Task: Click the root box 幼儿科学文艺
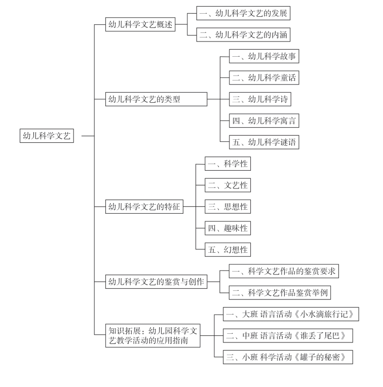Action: point(47,136)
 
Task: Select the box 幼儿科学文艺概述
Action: point(140,24)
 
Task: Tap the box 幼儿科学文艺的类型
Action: point(156,99)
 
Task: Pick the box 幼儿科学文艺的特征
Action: point(144,207)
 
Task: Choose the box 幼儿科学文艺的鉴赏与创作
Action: point(156,282)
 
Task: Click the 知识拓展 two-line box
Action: point(153,336)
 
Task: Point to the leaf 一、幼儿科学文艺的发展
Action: point(243,13)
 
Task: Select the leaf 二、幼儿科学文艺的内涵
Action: point(243,34)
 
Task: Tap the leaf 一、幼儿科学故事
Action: point(264,56)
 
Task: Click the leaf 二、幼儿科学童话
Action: point(264,78)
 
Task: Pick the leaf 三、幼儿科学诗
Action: point(260,99)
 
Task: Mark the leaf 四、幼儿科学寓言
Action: point(264,121)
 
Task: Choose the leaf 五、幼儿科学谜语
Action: point(264,142)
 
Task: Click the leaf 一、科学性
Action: point(228,164)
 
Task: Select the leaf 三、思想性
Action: point(228,207)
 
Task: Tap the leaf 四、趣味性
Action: point(228,228)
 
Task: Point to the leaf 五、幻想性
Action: point(228,250)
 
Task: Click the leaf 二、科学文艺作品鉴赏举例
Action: point(280,293)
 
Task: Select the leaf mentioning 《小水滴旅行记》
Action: point(291,314)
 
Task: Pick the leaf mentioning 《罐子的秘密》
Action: point(288,357)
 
